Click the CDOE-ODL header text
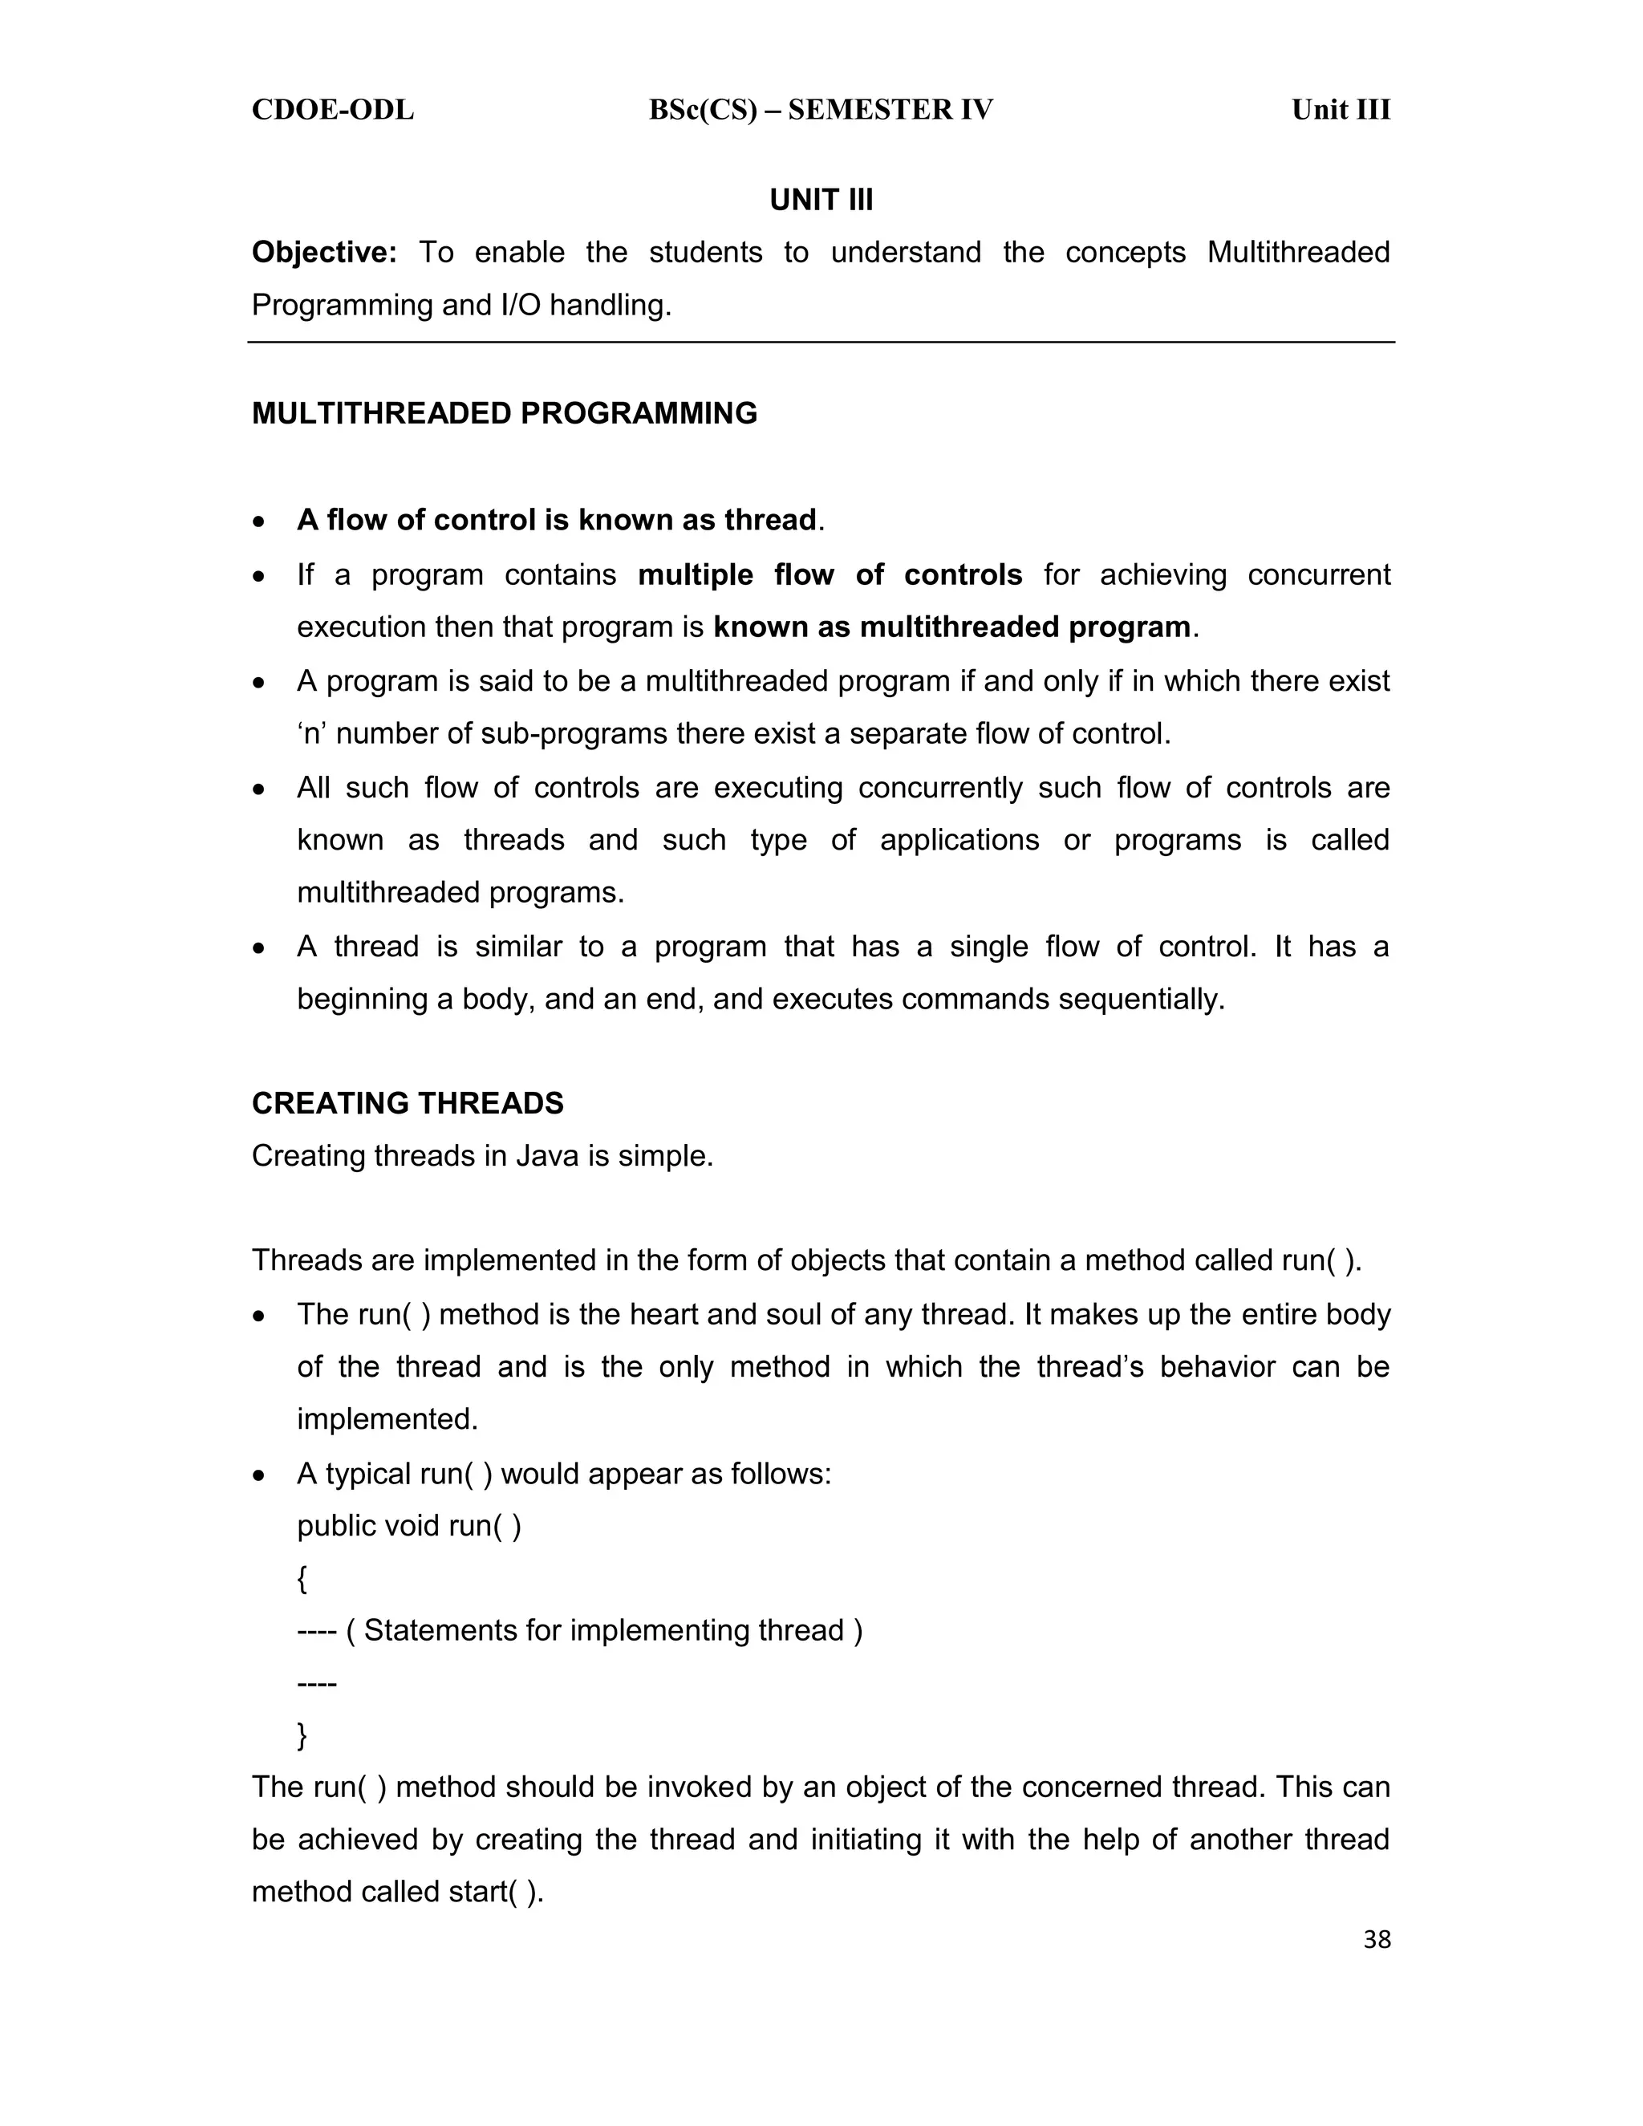point(333,110)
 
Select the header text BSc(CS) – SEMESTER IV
point(821,110)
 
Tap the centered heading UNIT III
point(821,200)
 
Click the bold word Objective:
point(324,252)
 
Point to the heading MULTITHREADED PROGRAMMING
point(504,414)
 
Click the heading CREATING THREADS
point(407,1103)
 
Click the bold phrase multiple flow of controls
point(830,574)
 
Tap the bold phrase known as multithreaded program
point(951,627)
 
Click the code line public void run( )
point(409,1525)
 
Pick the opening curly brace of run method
point(302,1578)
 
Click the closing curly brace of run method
point(302,1734)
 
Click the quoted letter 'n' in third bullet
point(311,733)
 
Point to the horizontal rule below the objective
point(821,343)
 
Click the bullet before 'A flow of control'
point(258,521)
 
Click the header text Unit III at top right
point(1341,110)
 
